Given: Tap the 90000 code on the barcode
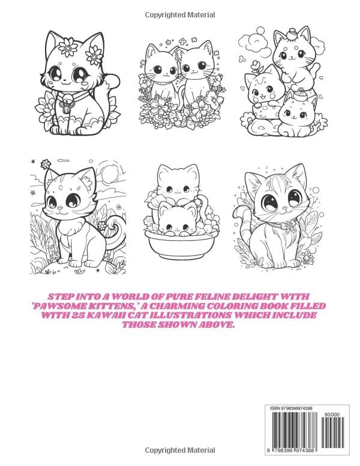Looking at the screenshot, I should click(331, 414).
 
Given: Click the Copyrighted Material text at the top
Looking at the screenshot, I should click(179, 14).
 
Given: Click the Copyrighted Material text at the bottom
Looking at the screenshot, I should click(179, 450).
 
